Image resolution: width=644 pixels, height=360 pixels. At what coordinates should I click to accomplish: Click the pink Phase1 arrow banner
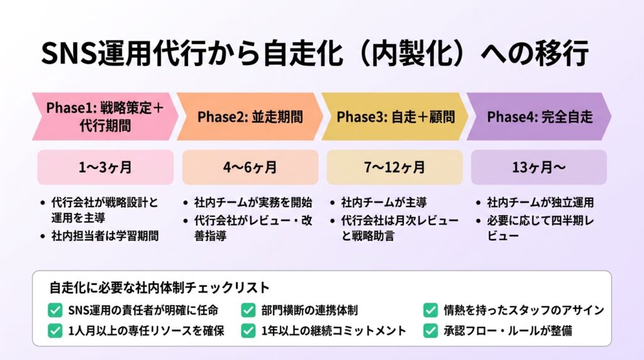coord(105,116)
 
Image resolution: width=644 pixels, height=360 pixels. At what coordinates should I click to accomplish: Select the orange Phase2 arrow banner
coord(250,116)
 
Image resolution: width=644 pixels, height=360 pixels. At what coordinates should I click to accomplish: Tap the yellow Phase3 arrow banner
coord(395,116)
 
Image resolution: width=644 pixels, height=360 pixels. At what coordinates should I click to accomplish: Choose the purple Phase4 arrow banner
coord(539,116)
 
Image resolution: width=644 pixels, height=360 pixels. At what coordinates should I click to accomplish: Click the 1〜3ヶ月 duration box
coord(105,167)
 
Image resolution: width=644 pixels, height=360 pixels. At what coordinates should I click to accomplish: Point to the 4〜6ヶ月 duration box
coord(250,167)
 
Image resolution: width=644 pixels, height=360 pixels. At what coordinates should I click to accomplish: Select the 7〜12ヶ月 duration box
coord(395,167)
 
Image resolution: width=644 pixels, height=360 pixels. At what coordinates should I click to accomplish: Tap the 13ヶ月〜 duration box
coord(539,167)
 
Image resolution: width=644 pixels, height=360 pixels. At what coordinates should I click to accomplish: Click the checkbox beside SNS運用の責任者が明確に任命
coord(55,310)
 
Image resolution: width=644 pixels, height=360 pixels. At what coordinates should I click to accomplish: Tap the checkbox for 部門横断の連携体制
coord(248,310)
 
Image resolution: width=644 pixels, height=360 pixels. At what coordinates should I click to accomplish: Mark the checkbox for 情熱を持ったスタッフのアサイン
coord(430,310)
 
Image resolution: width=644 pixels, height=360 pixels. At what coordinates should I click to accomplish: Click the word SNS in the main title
coord(69,53)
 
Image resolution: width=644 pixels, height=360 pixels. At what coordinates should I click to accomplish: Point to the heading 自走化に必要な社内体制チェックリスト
coord(159,287)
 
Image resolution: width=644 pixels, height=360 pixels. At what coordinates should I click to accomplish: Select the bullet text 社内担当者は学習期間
coord(105,236)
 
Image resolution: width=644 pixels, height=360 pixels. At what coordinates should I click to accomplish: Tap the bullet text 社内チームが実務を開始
coord(253,202)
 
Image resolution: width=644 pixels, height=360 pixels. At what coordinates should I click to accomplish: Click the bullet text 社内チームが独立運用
coord(540,202)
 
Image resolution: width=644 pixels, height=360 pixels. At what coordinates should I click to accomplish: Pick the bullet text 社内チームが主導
coord(384,202)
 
